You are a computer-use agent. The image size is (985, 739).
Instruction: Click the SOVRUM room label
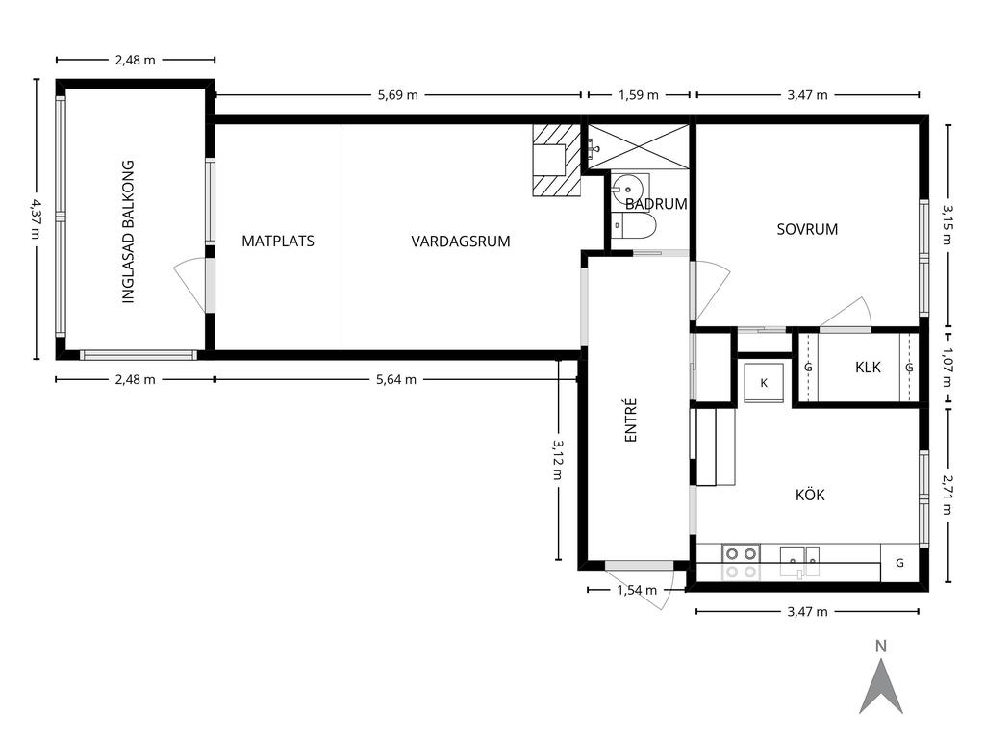point(807,229)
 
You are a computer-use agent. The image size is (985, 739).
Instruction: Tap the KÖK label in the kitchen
point(810,496)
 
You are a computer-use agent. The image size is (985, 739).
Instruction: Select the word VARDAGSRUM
point(461,242)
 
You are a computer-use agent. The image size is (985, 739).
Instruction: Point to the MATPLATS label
point(278,242)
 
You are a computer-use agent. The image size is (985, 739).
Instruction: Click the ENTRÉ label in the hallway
point(631,420)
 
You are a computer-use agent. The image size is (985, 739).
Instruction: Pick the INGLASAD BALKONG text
point(128,232)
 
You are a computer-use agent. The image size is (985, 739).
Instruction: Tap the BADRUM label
point(656,204)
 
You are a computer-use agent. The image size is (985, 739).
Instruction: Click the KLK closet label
point(869,367)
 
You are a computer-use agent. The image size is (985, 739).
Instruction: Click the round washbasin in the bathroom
point(627,188)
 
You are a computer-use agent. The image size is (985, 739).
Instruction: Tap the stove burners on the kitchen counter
point(741,562)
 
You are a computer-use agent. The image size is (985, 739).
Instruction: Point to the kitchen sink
point(800,562)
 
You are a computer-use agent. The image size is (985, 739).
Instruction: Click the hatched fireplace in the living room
point(556,160)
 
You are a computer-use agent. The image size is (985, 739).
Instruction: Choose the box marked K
point(764,382)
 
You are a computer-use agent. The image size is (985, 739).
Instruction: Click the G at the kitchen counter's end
point(899,563)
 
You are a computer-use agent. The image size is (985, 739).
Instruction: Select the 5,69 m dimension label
point(397,95)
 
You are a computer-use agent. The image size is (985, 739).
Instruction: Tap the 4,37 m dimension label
point(36,218)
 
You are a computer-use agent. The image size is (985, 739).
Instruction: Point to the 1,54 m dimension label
point(637,590)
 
